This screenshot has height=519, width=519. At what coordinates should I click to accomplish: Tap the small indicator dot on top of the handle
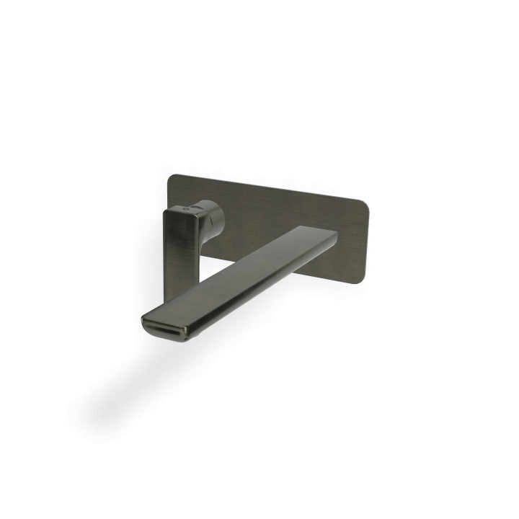[x=189, y=206]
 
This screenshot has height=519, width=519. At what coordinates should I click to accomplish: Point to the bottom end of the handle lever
[x=177, y=297]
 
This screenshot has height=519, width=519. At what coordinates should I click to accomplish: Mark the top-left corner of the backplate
[x=169, y=177]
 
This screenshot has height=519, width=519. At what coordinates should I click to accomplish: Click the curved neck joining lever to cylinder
[x=202, y=212]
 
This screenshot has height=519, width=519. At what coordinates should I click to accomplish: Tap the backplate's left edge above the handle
[x=168, y=191]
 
